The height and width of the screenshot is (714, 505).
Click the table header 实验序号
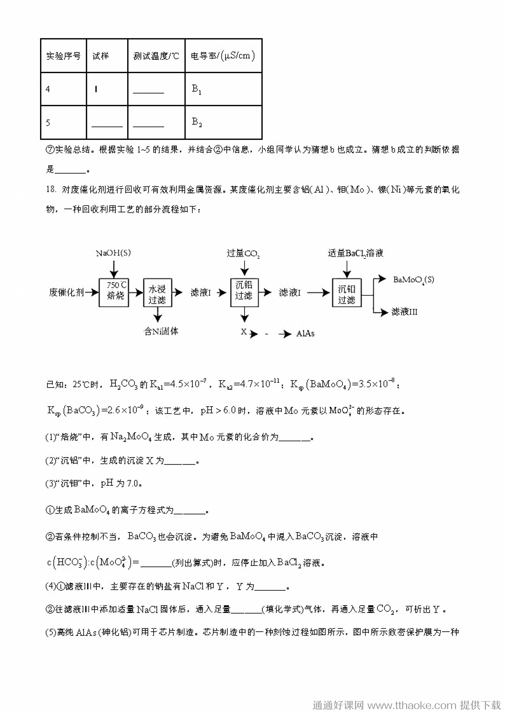click(x=64, y=56)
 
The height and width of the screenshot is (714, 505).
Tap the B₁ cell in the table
click(x=197, y=89)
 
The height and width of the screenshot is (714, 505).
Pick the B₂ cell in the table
click(x=197, y=122)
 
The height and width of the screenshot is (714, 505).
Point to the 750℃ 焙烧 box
click(x=114, y=293)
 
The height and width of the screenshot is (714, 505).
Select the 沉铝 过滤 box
click(x=244, y=293)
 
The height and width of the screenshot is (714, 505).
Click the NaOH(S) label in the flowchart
click(x=113, y=253)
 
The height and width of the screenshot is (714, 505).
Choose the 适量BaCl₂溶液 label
click(x=355, y=253)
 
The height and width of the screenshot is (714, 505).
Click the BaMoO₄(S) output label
click(x=413, y=280)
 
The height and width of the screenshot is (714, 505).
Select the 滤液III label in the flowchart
click(x=404, y=311)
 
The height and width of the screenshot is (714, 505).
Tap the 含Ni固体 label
click(x=161, y=331)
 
